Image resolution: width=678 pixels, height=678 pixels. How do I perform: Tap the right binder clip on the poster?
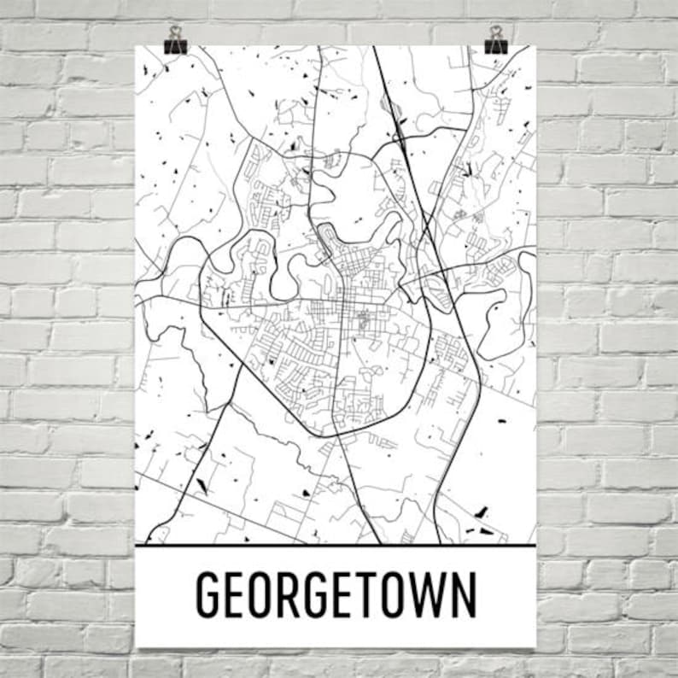(495, 40)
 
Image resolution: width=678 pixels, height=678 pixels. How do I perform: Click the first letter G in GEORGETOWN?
(210, 593)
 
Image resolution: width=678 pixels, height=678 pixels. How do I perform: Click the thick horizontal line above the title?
(336, 545)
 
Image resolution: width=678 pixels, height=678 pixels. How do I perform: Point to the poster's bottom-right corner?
(535, 647)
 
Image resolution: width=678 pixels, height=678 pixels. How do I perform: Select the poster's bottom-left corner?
(136, 647)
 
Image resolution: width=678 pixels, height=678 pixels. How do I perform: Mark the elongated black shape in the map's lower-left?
(202, 486)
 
